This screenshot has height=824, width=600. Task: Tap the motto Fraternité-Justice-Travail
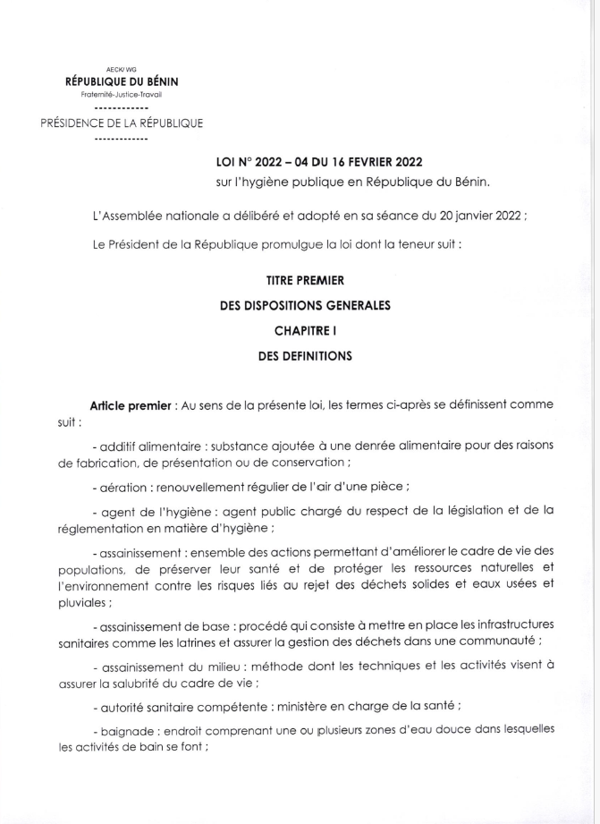click(x=122, y=94)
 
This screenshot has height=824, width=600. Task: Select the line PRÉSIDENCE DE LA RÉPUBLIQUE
click(x=122, y=123)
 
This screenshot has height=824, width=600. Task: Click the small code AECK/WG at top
click(x=122, y=68)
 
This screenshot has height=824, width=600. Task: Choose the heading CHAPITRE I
click(x=305, y=330)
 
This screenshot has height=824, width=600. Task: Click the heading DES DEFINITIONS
click(x=305, y=355)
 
